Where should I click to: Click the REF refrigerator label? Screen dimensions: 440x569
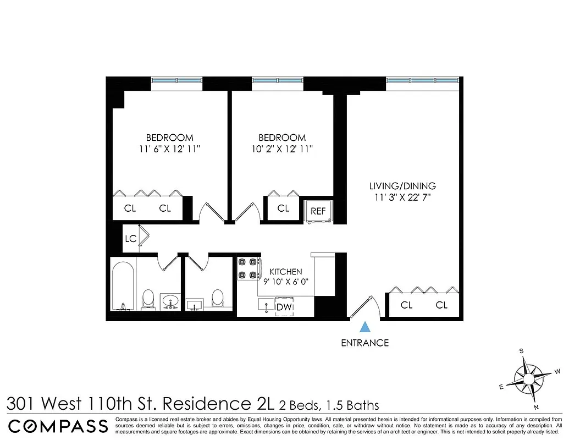click(318, 211)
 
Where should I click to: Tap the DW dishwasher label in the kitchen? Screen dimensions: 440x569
click(284, 307)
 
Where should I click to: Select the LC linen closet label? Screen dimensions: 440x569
click(130, 239)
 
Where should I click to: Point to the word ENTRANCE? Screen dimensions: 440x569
click(364, 343)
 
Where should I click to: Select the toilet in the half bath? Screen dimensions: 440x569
click(218, 298)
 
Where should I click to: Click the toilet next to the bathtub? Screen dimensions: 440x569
click(148, 298)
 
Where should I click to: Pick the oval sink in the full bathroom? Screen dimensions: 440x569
click(171, 301)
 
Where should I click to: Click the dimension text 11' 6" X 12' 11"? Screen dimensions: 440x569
click(169, 148)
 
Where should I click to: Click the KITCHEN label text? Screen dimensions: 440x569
click(285, 272)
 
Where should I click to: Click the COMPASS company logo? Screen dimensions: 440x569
click(58, 426)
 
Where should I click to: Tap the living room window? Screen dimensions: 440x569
click(422, 80)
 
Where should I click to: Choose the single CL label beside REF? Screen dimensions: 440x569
click(283, 208)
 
